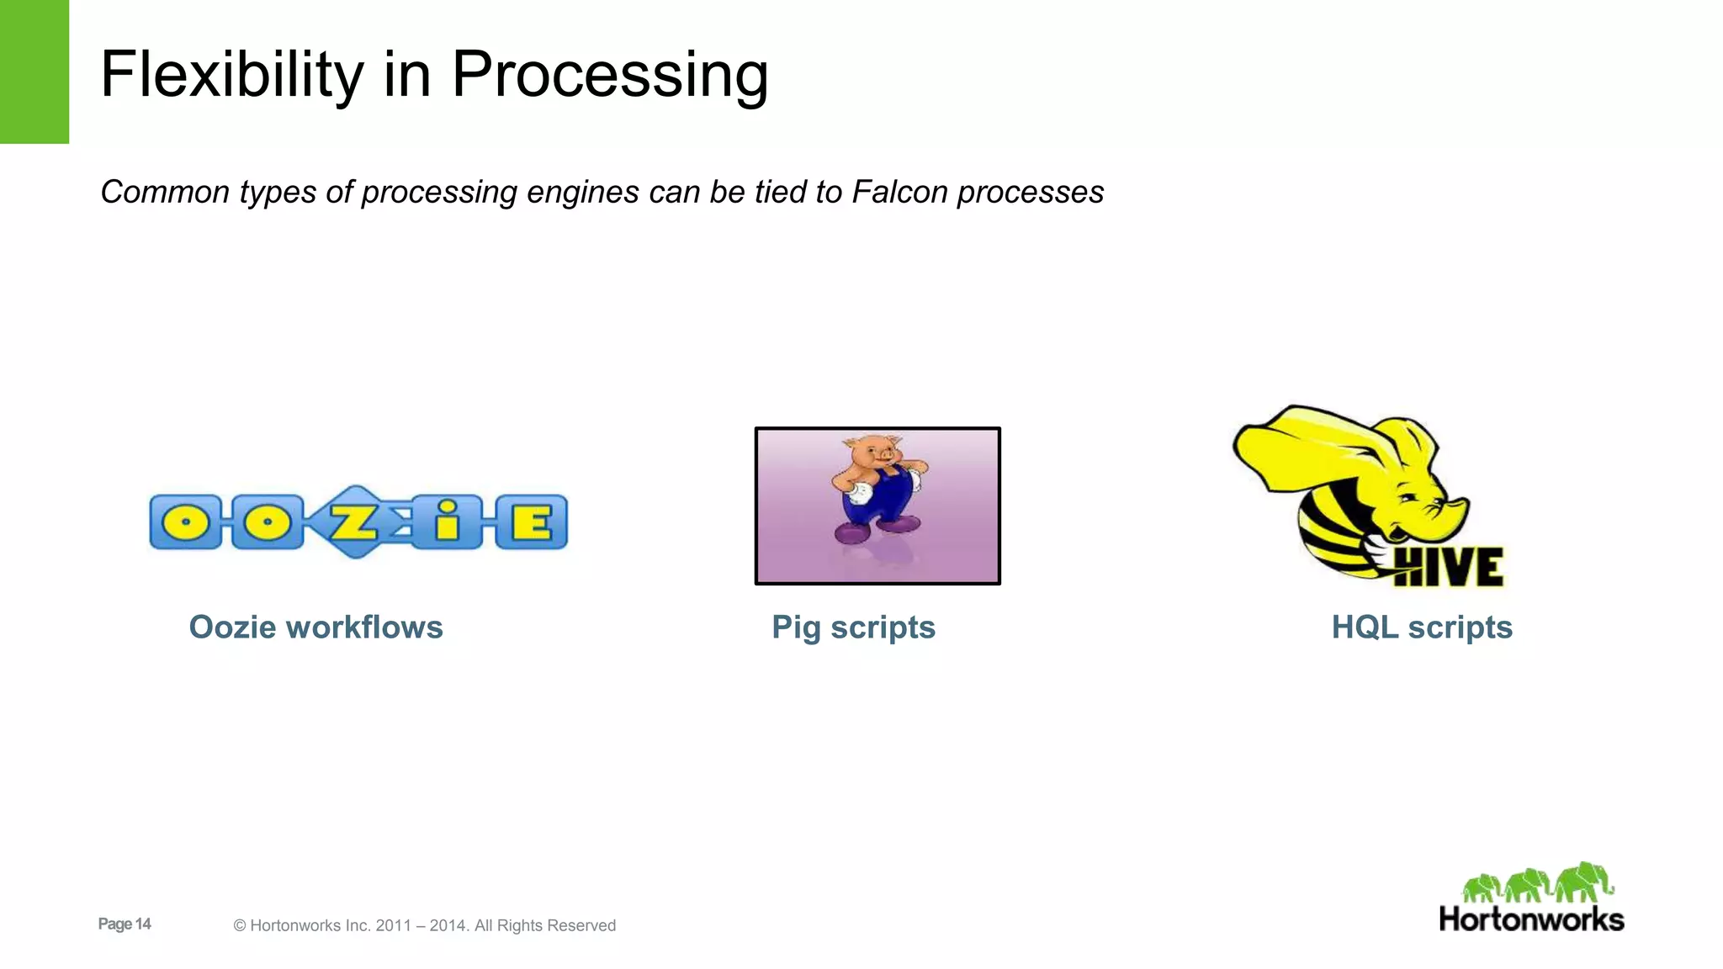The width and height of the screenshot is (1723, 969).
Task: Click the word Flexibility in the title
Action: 231,76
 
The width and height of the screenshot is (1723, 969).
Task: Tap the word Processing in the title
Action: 609,76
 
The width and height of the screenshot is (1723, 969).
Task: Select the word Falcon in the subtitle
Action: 900,192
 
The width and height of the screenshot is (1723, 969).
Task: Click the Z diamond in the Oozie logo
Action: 354,522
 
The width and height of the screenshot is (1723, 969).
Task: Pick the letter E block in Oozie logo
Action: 532,522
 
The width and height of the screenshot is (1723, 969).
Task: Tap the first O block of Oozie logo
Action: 186,522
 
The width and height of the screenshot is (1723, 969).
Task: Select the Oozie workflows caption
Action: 315,627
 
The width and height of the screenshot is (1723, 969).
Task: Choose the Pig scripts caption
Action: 853,627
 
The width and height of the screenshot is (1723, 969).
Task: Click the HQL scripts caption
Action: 1422,627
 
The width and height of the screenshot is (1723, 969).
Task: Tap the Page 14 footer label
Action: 125,924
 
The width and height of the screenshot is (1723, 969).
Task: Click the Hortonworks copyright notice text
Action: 425,925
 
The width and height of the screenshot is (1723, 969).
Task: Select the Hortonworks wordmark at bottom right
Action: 1531,919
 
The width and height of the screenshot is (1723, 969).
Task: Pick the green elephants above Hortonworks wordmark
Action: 1537,883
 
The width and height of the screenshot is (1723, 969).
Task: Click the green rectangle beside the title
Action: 34,71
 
